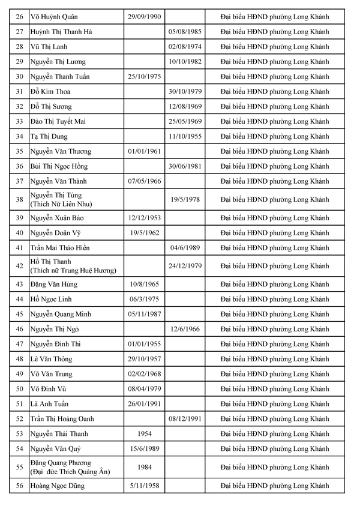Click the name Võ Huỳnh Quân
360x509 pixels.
tap(54, 16)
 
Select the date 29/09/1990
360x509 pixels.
tap(144, 16)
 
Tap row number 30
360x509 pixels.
tap(20, 76)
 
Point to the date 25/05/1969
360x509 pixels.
tap(185, 121)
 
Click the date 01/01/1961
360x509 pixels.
tap(144, 151)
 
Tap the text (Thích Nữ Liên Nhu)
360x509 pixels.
tap(61, 204)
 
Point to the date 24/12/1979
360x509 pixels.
tap(185, 265)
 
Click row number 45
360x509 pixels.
tap(20, 314)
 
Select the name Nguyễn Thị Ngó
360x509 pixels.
tap(55, 329)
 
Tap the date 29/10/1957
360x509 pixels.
tap(144, 359)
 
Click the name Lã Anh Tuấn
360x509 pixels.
tap(50, 403)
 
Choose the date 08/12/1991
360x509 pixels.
tap(185, 418)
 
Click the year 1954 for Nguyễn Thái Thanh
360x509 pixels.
tap(144, 433)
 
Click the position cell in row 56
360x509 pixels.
tap(275, 486)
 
